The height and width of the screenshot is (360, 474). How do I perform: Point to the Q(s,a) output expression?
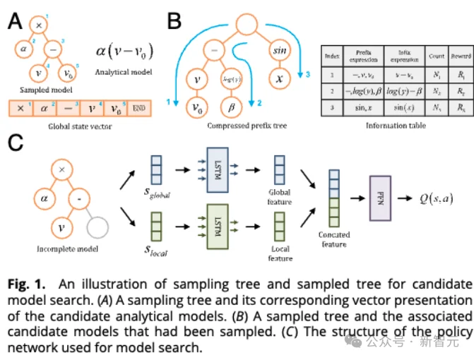441,200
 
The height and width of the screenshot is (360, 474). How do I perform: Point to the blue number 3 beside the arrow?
308,73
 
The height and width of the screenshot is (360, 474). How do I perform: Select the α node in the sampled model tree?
23,49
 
